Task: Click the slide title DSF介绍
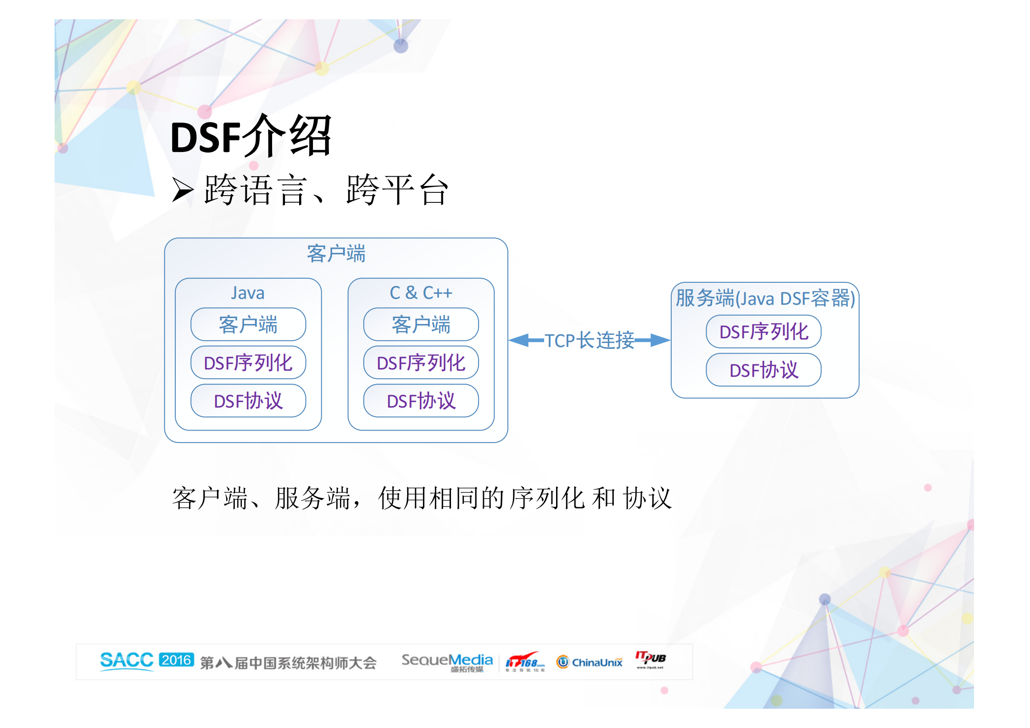(251, 136)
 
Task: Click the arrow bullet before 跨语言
(182, 190)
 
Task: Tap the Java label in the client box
(248, 293)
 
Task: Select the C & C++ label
(421, 293)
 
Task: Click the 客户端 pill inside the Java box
(248, 325)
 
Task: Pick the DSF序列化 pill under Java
(248, 363)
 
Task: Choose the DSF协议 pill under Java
(248, 401)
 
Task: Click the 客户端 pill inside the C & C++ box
(421, 325)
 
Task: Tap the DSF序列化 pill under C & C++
(421, 363)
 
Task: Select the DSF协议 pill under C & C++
(421, 401)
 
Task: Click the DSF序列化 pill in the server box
(763, 331)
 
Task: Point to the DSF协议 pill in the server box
(763, 370)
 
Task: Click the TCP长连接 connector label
(590, 341)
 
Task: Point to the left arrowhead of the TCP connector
(518, 340)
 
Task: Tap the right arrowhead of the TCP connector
(661, 340)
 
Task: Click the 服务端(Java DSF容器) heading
(765, 298)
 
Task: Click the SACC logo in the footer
(127, 661)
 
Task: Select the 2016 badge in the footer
(177, 660)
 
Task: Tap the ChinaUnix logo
(590, 662)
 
